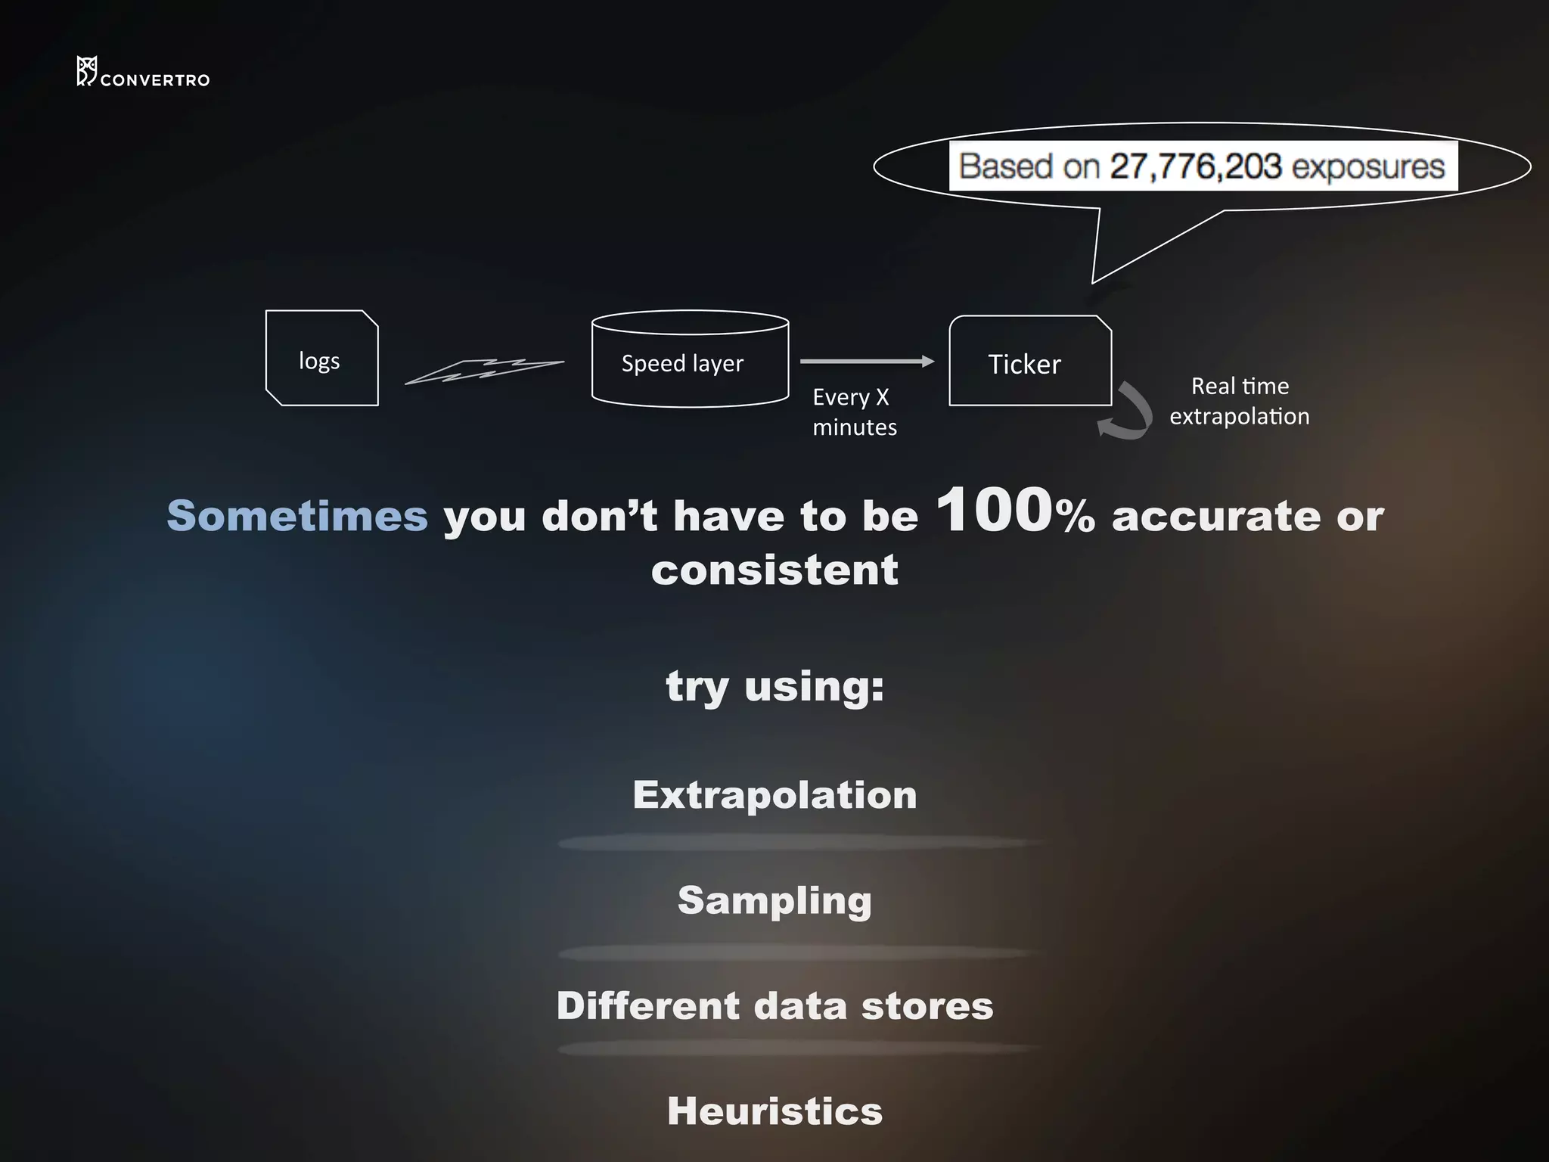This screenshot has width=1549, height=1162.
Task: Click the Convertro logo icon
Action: tap(86, 71)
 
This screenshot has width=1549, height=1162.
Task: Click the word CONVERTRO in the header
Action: tap(155, 80)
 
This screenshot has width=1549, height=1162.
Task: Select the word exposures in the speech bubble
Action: tap(1368, 166)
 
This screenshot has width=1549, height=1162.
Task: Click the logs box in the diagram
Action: tap(321, 359)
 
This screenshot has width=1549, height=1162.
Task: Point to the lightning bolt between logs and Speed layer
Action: tap(484, 371)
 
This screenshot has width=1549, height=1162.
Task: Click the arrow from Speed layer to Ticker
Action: tap(867, 362)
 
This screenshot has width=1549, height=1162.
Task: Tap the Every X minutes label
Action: tap(855, 412)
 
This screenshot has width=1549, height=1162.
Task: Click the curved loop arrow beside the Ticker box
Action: tap(1129, 412)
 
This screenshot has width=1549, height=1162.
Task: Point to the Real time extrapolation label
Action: tap(1240, 401)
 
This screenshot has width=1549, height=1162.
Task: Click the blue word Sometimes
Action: tap(297, 517)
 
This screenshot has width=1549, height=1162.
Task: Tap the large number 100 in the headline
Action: tap(994, 511)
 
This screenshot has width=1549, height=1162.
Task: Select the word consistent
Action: tap(774, 570)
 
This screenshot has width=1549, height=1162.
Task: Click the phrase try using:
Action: tap(774, 687)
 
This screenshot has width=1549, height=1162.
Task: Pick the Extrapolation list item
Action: tap(774, 795)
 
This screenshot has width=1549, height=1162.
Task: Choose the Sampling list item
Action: tap(774, 900)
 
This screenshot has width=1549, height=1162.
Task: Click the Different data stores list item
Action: tap(774, 1006)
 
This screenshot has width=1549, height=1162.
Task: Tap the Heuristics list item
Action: tap(774, 1111)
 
